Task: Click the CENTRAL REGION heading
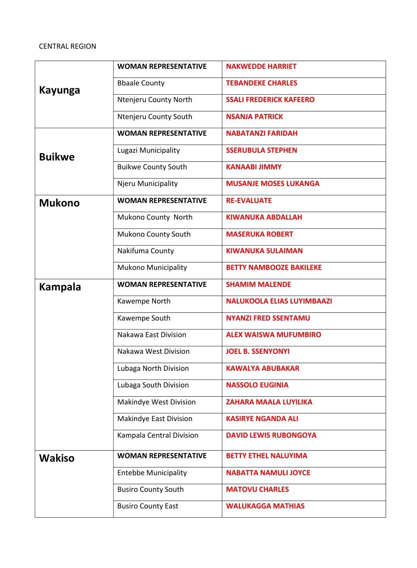tap(68, 46)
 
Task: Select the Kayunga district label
tap(59, 90)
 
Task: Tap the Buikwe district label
tap(57, 157)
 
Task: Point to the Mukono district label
tap(59, 203)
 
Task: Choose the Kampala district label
tap(60, 287)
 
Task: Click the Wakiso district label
tap(57, 458)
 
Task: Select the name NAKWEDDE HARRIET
tap(261, 67)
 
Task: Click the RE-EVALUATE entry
tap(249, 201)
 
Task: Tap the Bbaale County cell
tap(141, 83)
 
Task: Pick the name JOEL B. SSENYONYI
tap(258, 351)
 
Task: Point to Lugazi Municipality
tap(149, 150)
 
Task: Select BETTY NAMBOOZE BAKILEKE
tap(274, 268)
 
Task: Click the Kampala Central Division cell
tap(158, 435)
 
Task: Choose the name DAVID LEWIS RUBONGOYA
tap(271, 435)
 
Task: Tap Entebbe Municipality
tap(152, 473)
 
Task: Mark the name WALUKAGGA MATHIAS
tap(265, 506)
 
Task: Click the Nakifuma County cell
tap(146, 251)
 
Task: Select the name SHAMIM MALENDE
tap(258, 285)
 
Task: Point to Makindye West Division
tap(156, 402)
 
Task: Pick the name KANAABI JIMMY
tap(254, 167)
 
